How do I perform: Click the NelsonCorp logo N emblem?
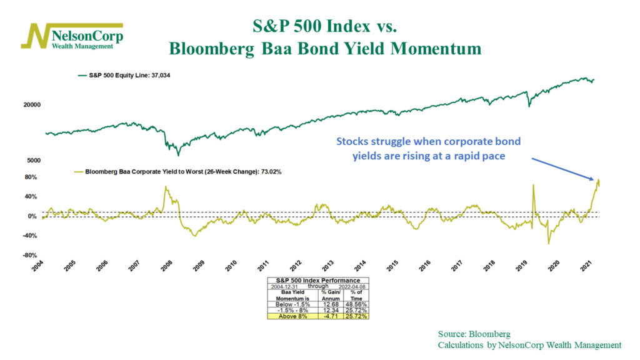(x=37, y=36)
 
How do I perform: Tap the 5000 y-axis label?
(x=33, y=161)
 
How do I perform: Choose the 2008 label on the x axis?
(x=167, y=265)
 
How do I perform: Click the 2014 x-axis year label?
(x=360, y=265)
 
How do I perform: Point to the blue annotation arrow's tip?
(x=594, y=181)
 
